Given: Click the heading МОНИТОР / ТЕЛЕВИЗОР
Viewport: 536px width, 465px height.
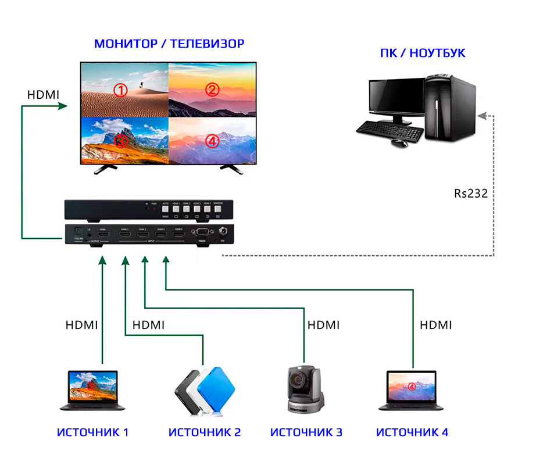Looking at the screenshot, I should [x=169, y=44].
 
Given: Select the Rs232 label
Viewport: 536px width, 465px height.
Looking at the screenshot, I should [x=471, y=193].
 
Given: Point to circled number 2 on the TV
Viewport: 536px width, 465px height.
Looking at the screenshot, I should [x=212, y=90].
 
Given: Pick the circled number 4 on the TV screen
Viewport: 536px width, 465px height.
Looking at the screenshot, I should [x=212, y=141].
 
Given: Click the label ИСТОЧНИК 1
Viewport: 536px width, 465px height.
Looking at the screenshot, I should [x=93, y=432].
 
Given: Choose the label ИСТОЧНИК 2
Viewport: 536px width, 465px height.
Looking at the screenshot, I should [x=205, y=432].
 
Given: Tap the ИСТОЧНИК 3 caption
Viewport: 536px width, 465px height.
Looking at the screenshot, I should [x=306, y=432].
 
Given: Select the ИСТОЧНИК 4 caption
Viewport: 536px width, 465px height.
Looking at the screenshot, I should [x=412, y=432].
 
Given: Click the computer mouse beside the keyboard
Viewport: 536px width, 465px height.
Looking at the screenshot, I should [x=398, y=142].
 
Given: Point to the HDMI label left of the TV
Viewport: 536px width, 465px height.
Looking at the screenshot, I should [x=44, y=94].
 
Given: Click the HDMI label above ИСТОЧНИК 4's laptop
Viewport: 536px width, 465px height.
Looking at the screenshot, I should [x=436, y=325].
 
